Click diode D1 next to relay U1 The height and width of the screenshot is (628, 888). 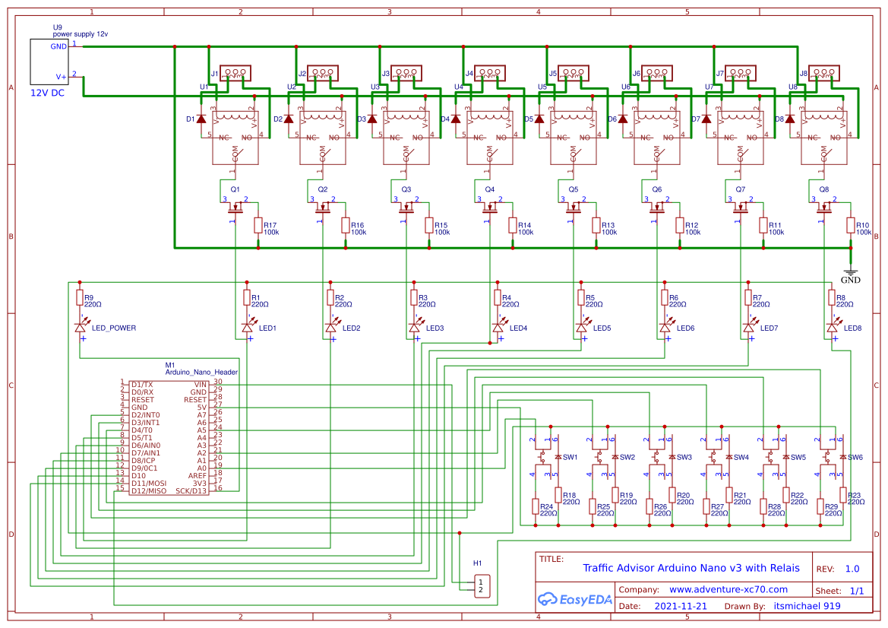(201, 119)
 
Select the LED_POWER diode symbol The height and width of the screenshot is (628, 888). (80, 327)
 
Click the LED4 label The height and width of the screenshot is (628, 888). (518, 328)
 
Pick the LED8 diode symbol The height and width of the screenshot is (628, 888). (832, 327)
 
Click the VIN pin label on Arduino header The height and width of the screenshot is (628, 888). (200, 385)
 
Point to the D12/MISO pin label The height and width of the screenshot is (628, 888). (148, 491)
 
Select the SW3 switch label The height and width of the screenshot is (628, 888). (684, 457)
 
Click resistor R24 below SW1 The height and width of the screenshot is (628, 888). (536, 506)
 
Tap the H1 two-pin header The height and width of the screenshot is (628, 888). (480, 585)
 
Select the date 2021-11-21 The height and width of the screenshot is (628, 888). (680, 607)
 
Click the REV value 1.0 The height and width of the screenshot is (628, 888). (852, 569)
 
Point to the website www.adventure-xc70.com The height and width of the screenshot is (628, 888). (728, 589)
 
